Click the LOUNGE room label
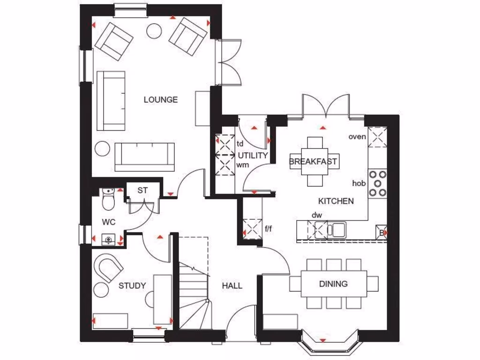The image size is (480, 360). click(160, 99)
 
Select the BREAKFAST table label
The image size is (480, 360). click(314, 161)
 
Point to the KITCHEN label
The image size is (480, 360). click(336, 201)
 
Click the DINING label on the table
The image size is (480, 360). click(333, 284)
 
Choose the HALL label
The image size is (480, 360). click(232, 285)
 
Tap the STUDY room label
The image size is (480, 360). click(132, 285)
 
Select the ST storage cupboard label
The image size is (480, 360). click(142, 190)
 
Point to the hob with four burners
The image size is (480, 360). click(378, 183)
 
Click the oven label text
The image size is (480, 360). click(357, 136)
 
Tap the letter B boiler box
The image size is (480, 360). click(382, 232)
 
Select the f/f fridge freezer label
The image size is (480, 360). click(269, 229)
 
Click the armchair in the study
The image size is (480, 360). click(108, 268)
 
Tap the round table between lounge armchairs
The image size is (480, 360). click(154, 30)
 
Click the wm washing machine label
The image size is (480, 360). click(242, 165)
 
